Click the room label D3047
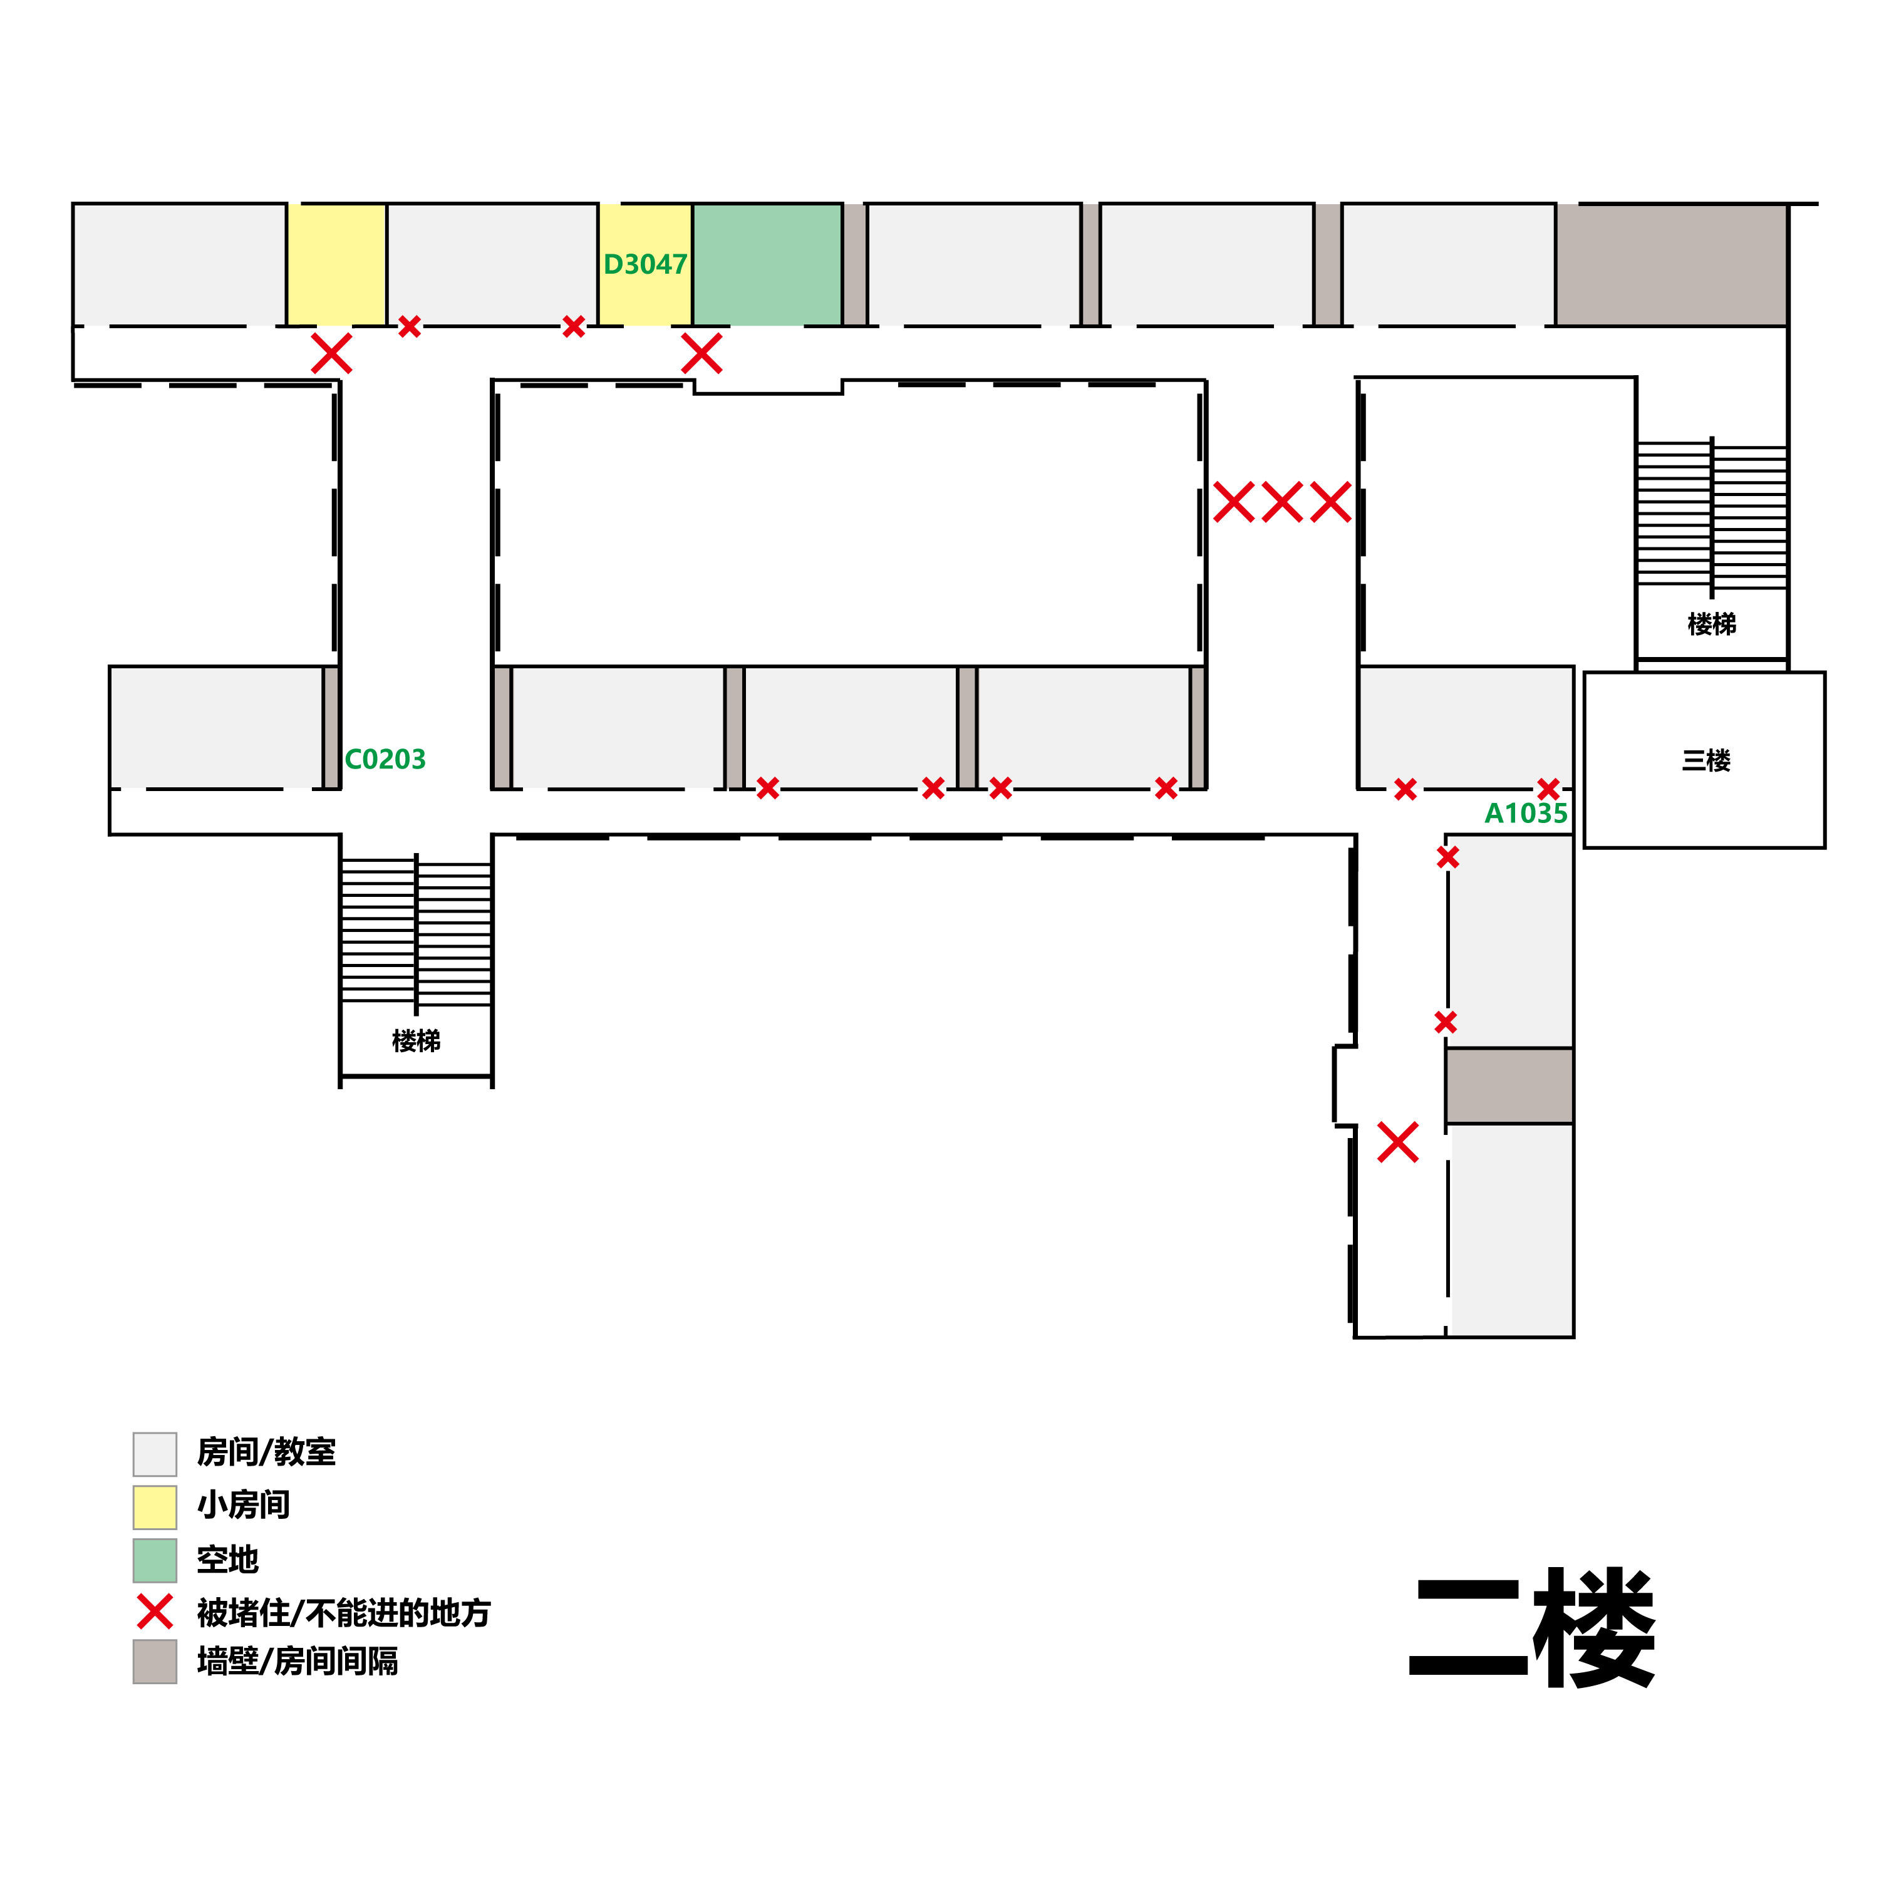645,264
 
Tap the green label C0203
385,758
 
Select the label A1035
1525,813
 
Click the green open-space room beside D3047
767,264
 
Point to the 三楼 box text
1706,760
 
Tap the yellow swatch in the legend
155,1506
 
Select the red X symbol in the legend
155,1612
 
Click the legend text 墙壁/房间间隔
298,1661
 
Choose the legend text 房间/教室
266,1452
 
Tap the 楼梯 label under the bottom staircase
417,1040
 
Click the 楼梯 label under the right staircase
1712,623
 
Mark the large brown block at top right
1671,264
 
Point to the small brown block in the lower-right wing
1508,1085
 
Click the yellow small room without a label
336,264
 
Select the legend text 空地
227,1559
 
